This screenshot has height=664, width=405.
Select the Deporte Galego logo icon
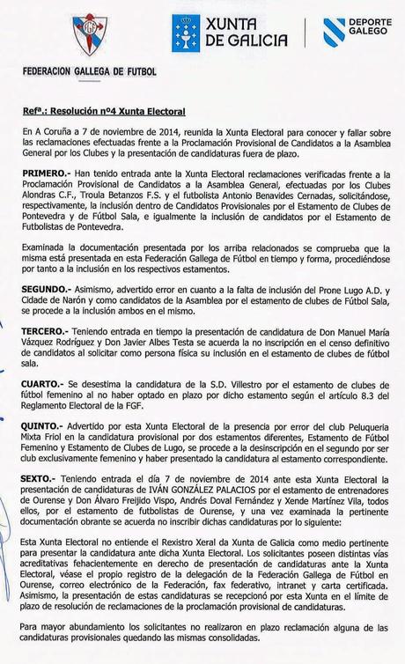coord(334,31)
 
